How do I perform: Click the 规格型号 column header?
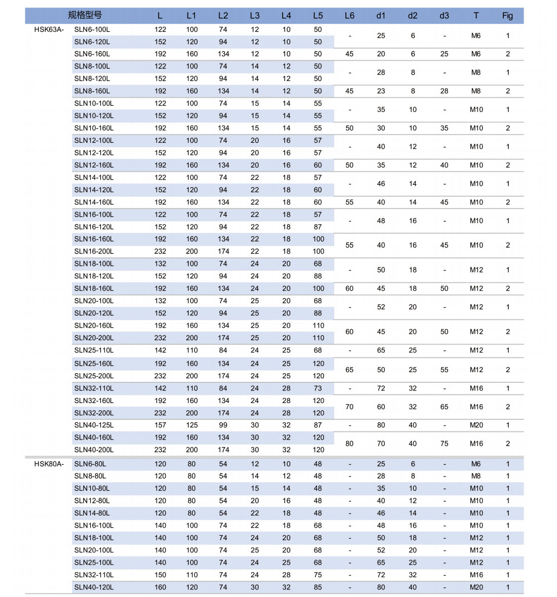tap(85, 15)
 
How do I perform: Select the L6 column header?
tap(349, 16)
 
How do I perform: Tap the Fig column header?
tap(507, 16)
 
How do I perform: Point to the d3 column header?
tap(444, 16)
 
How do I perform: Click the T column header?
tap(476, 16)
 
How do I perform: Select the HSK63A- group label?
tap(49, 29)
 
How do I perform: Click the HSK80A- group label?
tap(49, 464)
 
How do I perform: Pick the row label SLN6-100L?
tap(92, 29)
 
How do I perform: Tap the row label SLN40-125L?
tap(94, 425)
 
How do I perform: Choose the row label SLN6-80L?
tap(90, 464)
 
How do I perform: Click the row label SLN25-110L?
tap(94, 350)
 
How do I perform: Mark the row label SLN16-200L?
tap(94, 252)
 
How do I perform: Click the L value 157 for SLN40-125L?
tap(160, 425)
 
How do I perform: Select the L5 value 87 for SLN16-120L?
tap(318, 227)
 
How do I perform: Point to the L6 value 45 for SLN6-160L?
tap(349, 54)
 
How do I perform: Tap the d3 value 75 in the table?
tap(444, 444)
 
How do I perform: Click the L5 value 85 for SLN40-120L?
tap(318, 587)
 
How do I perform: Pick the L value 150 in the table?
tap(160, 575)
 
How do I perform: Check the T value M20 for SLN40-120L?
tap(476, 587)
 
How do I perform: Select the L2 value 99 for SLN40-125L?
tap(223, 425)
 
